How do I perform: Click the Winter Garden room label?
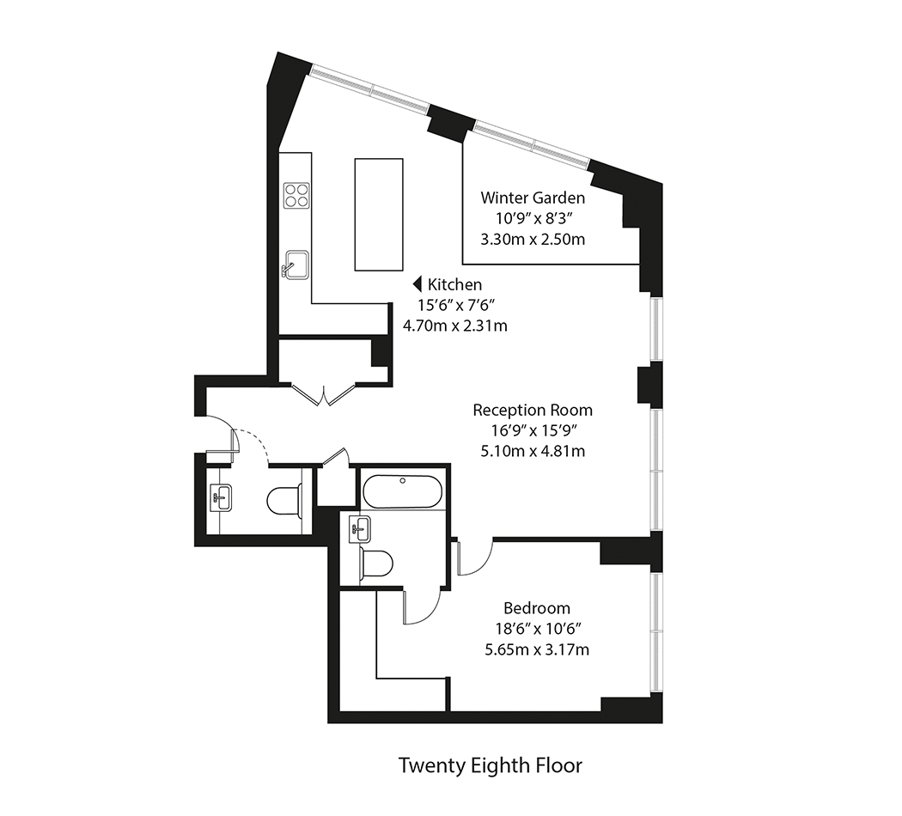[533, 198]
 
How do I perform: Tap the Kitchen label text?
[454, 284]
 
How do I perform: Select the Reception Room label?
[533, 410]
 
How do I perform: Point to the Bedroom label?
[537, 608]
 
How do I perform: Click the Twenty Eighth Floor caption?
[491, 766]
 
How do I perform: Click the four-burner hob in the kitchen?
[296, 195]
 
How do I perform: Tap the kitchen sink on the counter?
[296, 265]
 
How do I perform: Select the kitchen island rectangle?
[379, 215]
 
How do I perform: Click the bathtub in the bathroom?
[403, 491]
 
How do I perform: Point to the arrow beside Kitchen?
[418, 284]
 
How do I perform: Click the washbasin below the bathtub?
[360, 528]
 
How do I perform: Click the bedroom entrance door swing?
[475, 557]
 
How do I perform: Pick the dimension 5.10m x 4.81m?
[533, 451]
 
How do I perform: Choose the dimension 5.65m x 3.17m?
[537, 650]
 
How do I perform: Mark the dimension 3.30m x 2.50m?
[533, 240]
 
